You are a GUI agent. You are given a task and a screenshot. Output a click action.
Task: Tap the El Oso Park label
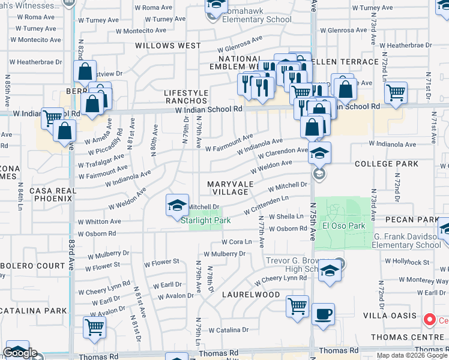coord(343,226)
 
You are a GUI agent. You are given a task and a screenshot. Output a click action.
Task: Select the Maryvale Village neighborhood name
coord(228,187)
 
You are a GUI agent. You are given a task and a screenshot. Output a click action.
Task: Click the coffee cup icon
coord(324,314)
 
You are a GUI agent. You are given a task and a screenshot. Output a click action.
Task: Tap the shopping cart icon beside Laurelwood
coord(298,307)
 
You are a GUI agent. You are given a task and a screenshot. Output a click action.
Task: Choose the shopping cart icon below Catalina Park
coord(94,328)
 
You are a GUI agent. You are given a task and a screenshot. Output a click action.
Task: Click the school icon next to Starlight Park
coord(177,206)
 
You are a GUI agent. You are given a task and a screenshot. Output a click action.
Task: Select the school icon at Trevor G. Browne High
coord(330,271)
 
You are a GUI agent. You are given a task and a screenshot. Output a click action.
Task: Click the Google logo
coord(20,353)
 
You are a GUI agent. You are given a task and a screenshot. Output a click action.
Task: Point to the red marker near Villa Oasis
coord(429,320)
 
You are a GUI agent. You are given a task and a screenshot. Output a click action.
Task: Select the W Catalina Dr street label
coord(228,330)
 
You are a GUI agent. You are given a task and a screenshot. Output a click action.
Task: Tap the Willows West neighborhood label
coord(168,46)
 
